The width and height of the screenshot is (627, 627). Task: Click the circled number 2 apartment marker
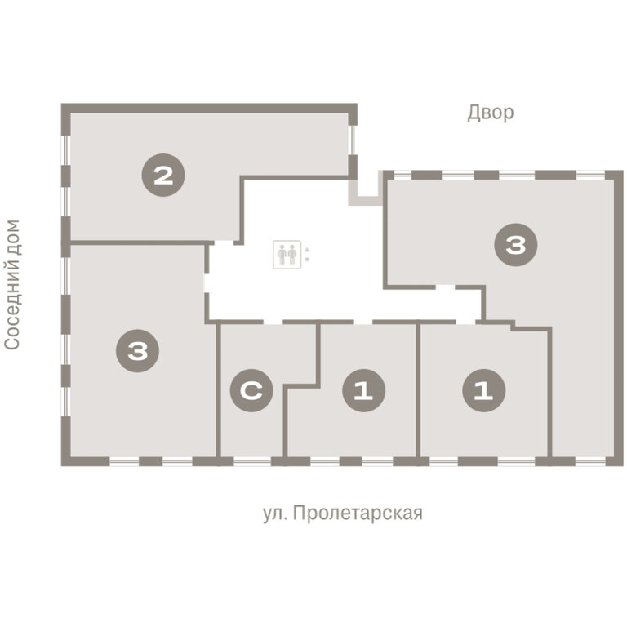(x=163, y=176)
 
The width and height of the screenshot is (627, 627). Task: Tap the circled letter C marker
(x=251, y=390)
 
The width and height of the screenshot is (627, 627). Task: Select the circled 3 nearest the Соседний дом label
(x=137, y=351)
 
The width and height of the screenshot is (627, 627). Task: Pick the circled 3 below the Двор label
(x=516, y=245)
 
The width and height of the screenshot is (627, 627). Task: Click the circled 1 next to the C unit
(x=364, y=390)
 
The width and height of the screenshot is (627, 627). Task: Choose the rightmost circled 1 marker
(x=484, y=390)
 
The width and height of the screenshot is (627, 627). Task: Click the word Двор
(x=491, y=113)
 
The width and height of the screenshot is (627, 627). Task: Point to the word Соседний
(x=12, y=307)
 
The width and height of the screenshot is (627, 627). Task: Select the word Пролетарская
(x=358, y=513)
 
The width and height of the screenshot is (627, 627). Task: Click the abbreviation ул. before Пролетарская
(x=274, y=514)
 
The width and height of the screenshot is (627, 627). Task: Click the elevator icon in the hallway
(x=287, y=255)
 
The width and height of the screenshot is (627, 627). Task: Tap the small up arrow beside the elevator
(x=307, y=250)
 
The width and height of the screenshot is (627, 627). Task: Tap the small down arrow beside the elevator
(x=307, y=260)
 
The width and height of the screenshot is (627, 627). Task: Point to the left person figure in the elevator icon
(x=282, y=255)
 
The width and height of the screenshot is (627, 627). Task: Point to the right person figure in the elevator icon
(x=292, y=255)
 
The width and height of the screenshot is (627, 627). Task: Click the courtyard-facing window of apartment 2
(x=353, y=140)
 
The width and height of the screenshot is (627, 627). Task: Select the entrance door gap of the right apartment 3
(x=446, y=287)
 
